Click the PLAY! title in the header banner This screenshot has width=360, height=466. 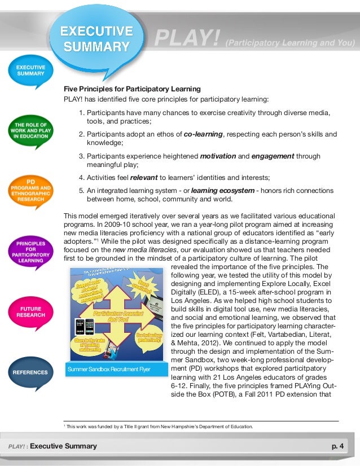coord(187,40)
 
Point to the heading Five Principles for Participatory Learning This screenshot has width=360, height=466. coord(132,89)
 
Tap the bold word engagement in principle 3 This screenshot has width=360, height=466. coord(273,156)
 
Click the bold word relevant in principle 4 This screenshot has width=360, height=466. coord(143,178)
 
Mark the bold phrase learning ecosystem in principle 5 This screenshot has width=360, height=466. coord(222,191)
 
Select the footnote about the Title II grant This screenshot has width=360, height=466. coord(161,427)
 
